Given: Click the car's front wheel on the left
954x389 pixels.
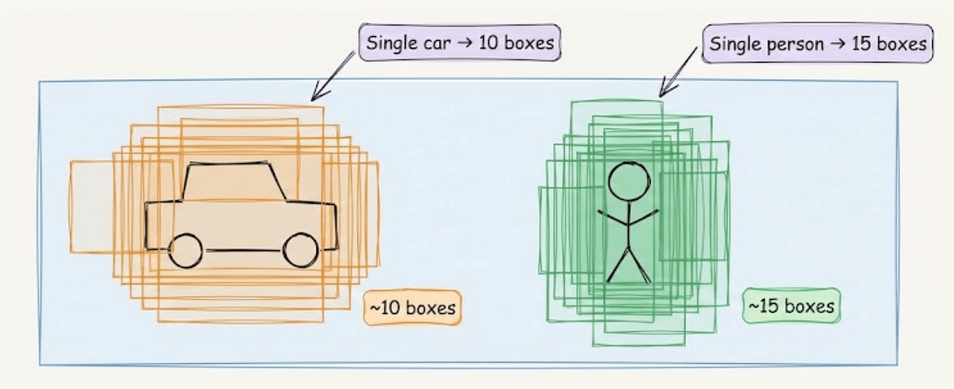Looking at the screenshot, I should [x=185, y=251].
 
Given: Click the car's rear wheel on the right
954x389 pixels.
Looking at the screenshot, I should [x=301, y=250].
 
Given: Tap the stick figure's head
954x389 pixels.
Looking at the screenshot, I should [x=629, y=181].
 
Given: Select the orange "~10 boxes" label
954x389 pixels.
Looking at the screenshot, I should [x=413, y=308].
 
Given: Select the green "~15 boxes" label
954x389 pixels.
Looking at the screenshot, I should [x=792, y=306].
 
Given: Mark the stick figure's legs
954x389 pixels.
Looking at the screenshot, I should [x=628, y=265].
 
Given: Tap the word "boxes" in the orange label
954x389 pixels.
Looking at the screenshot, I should [x=430, y=308].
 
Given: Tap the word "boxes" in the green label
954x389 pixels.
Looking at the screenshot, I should [x=809, y=306].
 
